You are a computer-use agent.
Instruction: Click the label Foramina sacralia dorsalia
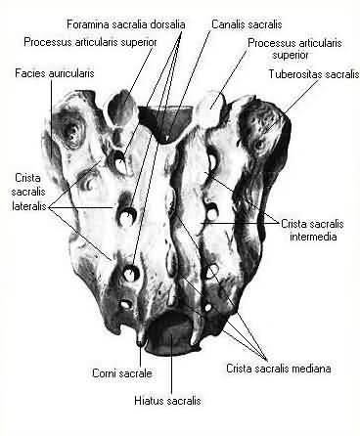tap(126, 24)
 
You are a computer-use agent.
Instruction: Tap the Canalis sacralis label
tap(247, 24)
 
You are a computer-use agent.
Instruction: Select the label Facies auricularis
tap(55, 73)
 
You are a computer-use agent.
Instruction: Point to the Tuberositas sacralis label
tap(314, 74)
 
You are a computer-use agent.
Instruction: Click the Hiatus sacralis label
tap(167, 400)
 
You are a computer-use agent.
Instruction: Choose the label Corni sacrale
tap(122, 373)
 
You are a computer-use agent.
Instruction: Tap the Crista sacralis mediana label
tap(279, 369)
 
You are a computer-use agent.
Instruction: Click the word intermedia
tap(313, 237)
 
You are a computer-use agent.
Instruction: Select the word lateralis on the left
tap(29, 206)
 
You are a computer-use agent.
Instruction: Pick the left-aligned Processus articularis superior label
tap(90, 42)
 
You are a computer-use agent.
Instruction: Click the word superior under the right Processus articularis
tap(291, 55)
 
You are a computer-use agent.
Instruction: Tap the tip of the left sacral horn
tap(140, 343)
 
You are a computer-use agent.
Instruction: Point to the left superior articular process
tap(121, 109)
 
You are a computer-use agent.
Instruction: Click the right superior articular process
tap(209, 109)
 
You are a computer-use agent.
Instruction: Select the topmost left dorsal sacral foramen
tap(118, 161)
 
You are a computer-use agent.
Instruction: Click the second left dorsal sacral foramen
tap(126, 216)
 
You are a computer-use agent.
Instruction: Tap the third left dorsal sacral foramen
tap(131, 273)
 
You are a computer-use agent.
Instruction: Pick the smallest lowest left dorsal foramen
tap(125, 304)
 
